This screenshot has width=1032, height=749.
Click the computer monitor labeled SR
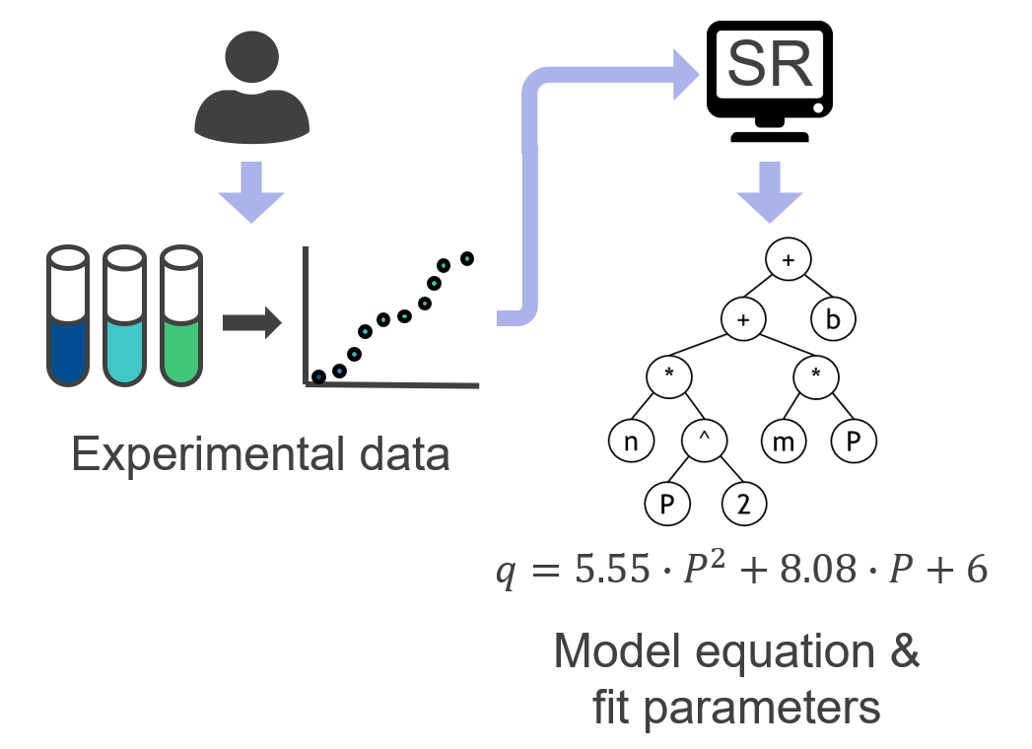click(x=770, y=74)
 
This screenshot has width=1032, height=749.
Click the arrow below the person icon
click(x=252, y=189)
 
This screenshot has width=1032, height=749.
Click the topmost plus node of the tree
click(x=788, y=260)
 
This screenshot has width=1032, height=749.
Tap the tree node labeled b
click(x=834, y=319)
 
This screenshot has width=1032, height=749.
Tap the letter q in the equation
click(x=507, y=573)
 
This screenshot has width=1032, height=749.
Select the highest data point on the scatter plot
click(x=467, y=259)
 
